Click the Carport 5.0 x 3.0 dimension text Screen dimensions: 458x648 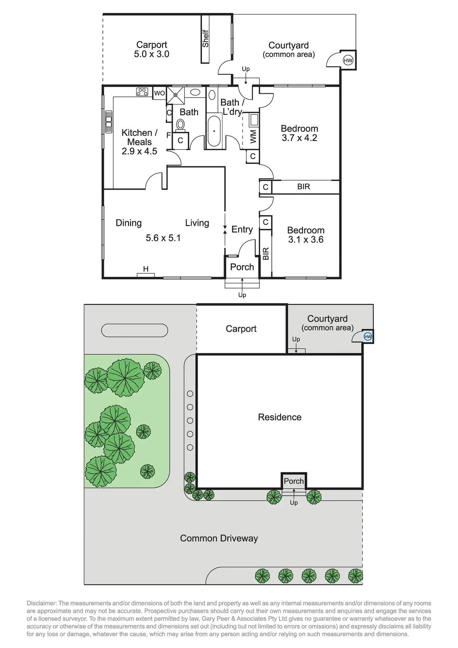pyautogui.click(x=151, y=54)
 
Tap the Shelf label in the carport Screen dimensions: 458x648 pyautogui.click(x=206, y=38)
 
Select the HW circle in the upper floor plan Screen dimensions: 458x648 pyautogui.click(x=348, y=60)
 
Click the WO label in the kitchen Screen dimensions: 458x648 pyautogui.click(x=159, y=93)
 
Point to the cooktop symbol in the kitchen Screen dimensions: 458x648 pyautogui.click(x=142, y=92)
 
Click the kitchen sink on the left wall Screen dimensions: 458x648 pyautogui.click(x=109, y=122)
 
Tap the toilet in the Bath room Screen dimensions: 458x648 pyautogui.click(x=180, y=125)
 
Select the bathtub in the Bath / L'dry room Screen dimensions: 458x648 pyautogui.click(x=214, y=131)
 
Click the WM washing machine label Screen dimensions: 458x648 pyautogui.click(x=253, y=136)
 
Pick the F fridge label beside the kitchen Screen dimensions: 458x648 pyautogui.click(x=169, y=135)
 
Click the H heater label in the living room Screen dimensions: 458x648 pyautogui.click(x=146, y=269)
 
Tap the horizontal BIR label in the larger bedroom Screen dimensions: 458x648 pyautogui.click(x=303, y=187)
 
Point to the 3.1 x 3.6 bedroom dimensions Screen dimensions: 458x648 pyautogui.click(x=306, y=239)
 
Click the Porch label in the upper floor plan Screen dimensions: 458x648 pyautogui.click(x=242, y=267)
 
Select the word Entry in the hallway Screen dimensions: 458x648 pyautogui.click(x=242, y=229)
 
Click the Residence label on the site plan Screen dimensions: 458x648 pyautogui.click(x=280, y=417)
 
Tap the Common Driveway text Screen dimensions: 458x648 pyautogui.click(x=219, y=538)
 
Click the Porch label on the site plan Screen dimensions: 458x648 pyautogui.click(x=294, y=481)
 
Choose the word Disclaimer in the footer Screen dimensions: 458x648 pyautogui.click(x=41, y=603)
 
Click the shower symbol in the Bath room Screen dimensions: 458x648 pyautogui.click(x=175, y=95)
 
